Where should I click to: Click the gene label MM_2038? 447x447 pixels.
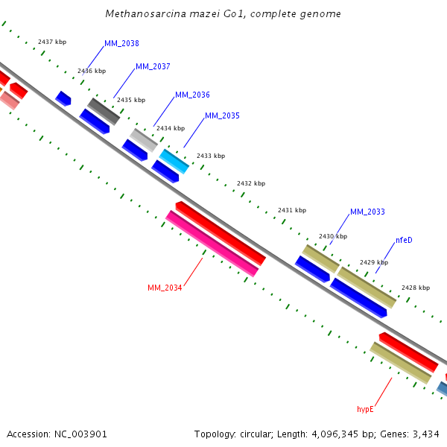[x=121, y=43]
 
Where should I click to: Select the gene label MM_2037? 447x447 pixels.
[x=153, y=67]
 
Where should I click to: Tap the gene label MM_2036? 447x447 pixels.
[x=192, y=95]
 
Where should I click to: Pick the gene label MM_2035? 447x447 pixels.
[x=222, y=116]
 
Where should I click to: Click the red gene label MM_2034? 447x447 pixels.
[x=165, y=288]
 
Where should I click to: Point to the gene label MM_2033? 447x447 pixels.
[x=367, y=212]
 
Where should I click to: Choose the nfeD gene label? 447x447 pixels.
[x=404, y=240]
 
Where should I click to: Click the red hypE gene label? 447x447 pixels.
[x=365, y=409]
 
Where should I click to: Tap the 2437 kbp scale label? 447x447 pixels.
[x=52, y=42]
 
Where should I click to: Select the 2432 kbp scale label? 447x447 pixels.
[x=251, y=183]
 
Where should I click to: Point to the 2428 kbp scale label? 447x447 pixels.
[x=416, y=288]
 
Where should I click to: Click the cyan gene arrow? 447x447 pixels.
[x=174, y=160]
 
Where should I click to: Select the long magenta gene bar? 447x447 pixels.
[x=212, y=244]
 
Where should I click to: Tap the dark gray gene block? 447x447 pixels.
[x=104, y=111]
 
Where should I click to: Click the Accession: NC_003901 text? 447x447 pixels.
[x=57, y=434]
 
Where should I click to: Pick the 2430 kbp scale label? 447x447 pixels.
[x=333, y=236]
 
